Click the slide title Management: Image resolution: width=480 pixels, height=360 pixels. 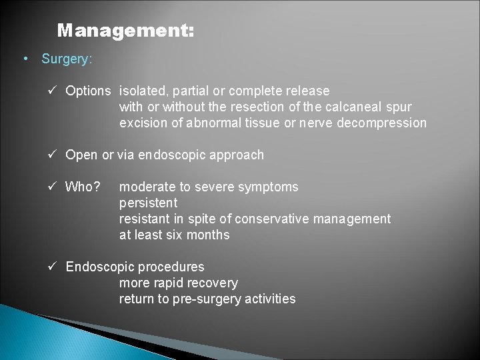(x=125, y=31)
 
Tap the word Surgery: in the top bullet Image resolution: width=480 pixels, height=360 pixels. (x=67, y=59)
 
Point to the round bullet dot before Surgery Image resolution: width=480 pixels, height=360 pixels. (x=25, y=59)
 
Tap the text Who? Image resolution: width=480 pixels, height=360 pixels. (x=83, y=187)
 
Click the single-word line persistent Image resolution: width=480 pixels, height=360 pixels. (x=148, y=203)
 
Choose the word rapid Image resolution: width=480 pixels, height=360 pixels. (x=167, y=283)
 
